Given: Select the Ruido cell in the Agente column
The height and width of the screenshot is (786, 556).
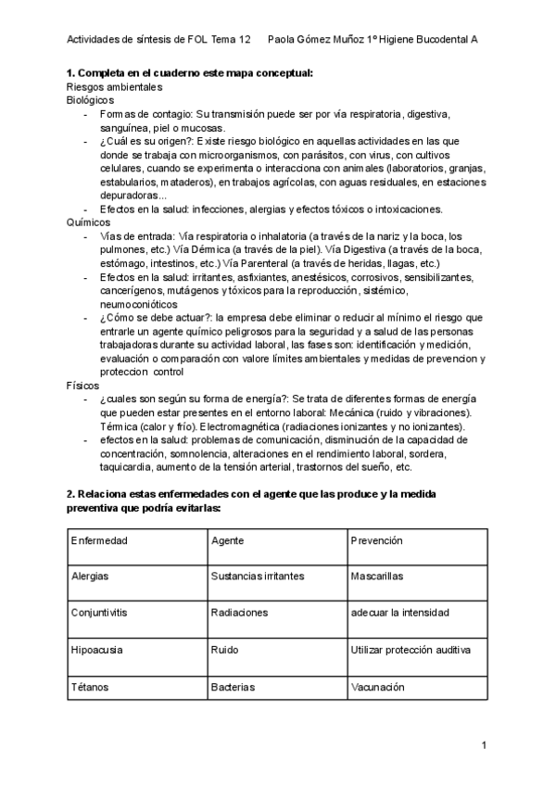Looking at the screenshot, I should [x=223, y=651].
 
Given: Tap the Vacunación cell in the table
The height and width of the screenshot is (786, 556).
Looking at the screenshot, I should [x=378, y=689].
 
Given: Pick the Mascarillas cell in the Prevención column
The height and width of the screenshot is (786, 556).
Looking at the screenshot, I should [x=376, y=576].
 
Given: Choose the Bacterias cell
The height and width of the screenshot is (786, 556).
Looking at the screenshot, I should [x=232, y=689].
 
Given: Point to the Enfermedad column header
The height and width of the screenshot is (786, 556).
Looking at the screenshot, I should [x=99, y=539].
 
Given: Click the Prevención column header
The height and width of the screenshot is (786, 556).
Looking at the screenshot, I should [x=376, y=539].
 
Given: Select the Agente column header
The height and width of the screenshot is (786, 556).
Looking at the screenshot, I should [x=227, y=539].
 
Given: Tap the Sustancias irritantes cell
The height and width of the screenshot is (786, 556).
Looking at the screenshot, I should [x=257, y=576].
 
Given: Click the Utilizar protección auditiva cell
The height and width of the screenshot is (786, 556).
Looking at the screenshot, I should [x=411, y=651].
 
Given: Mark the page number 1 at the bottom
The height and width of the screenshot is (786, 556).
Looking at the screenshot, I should [x=484, y=745].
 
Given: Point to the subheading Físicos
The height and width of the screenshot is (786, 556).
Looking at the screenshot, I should [x=82, y=359].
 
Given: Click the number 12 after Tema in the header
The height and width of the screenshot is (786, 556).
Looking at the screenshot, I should [x=245, y=40].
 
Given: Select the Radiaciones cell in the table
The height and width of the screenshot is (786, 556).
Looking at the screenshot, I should [x=239, y=613].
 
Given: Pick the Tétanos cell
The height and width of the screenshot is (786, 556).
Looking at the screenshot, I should [x=90, y=689].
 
